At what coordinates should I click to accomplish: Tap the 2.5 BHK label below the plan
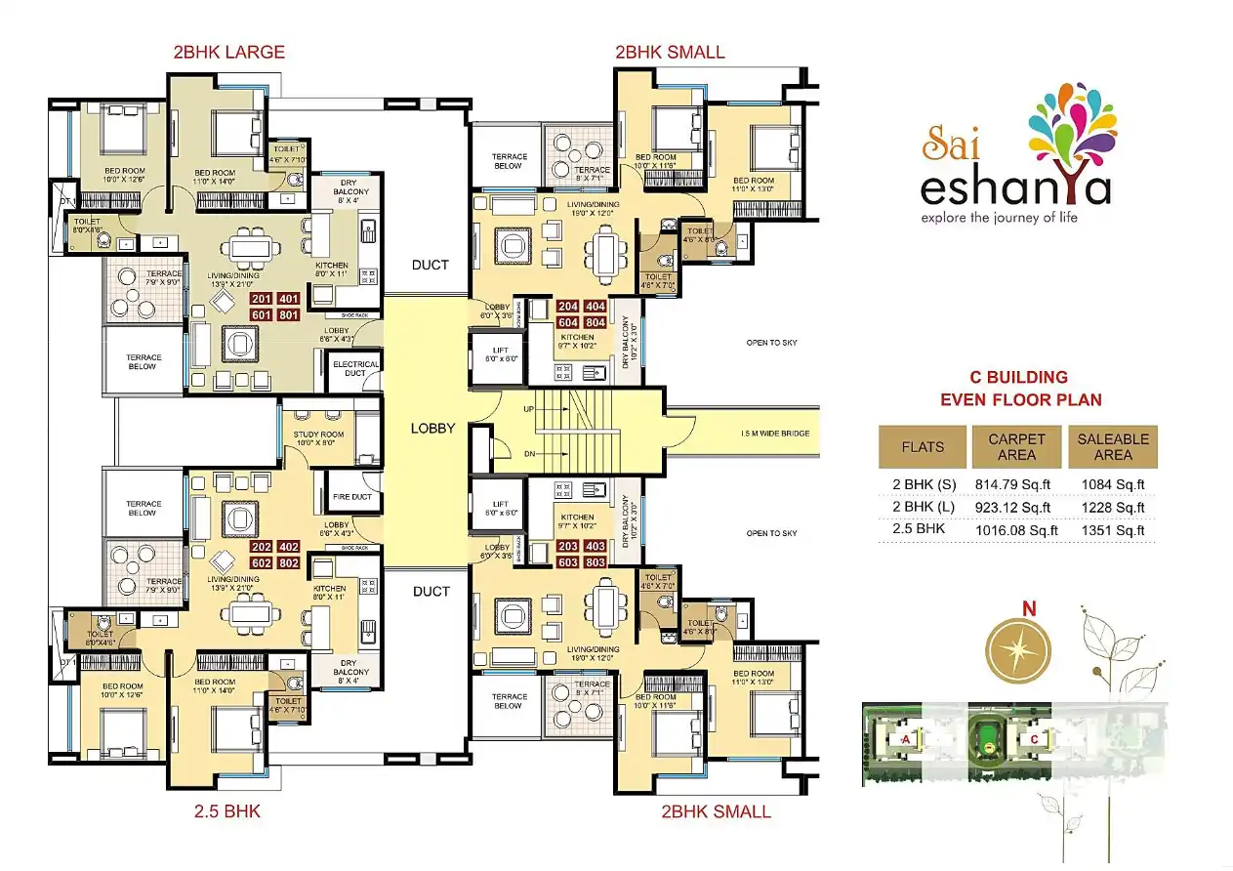[226, 810]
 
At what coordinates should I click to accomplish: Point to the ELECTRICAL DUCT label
[354, 369]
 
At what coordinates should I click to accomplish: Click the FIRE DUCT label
[353, 497]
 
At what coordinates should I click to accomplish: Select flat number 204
[542, 307]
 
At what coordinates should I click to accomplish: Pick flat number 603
[542, 562]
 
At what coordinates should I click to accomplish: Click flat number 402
[289, 547]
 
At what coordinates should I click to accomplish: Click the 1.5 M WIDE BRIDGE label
[774, 434]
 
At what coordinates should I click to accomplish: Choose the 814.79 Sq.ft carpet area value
[1013, 483]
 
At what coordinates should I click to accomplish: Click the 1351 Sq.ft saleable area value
[1112, 530]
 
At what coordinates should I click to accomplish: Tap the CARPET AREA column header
[1016, 447]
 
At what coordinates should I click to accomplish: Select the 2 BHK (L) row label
[922, 507]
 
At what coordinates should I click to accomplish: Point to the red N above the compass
[1028, 608]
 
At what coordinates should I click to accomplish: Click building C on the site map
[1034, 740]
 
